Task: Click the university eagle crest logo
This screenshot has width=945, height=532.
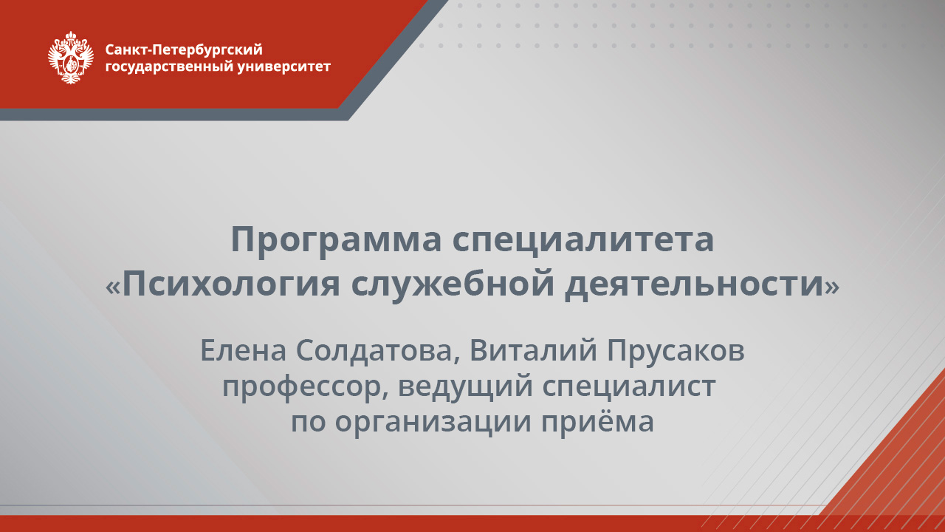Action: [71, 58]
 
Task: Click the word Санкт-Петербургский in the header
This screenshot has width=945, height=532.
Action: [184, 50]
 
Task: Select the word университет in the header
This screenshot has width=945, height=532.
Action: [285, 66]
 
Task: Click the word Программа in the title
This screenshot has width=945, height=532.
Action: [334, 240]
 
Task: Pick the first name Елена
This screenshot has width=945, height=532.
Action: [243, 351]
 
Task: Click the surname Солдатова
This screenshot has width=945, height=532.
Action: [377, 351]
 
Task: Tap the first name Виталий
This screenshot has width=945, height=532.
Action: [534, 351]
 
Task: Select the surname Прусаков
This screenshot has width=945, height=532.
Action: [676, 351]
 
